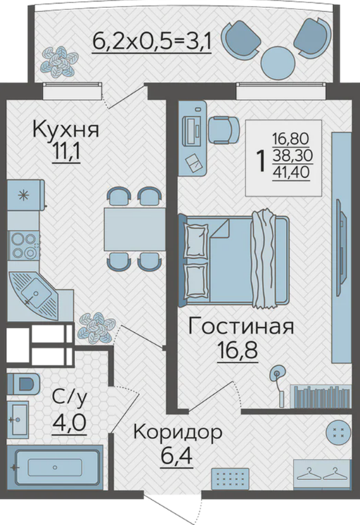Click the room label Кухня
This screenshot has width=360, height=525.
[x=65, y=129]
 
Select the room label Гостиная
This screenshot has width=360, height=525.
[x=241, y=326]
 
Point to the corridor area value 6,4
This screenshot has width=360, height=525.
[x=176, y=455]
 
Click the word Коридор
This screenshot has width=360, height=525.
[x=178, y=433]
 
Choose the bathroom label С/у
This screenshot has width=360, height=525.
[x=70, y=398]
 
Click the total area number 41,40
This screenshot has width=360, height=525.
[x=291, y=172]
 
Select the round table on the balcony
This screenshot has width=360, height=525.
[x=278, y=61]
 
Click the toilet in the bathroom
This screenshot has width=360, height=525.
[x=23, y=384]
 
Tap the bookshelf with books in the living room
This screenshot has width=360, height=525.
[x=321, y=396]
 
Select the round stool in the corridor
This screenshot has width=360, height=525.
[x=338, y=433]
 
